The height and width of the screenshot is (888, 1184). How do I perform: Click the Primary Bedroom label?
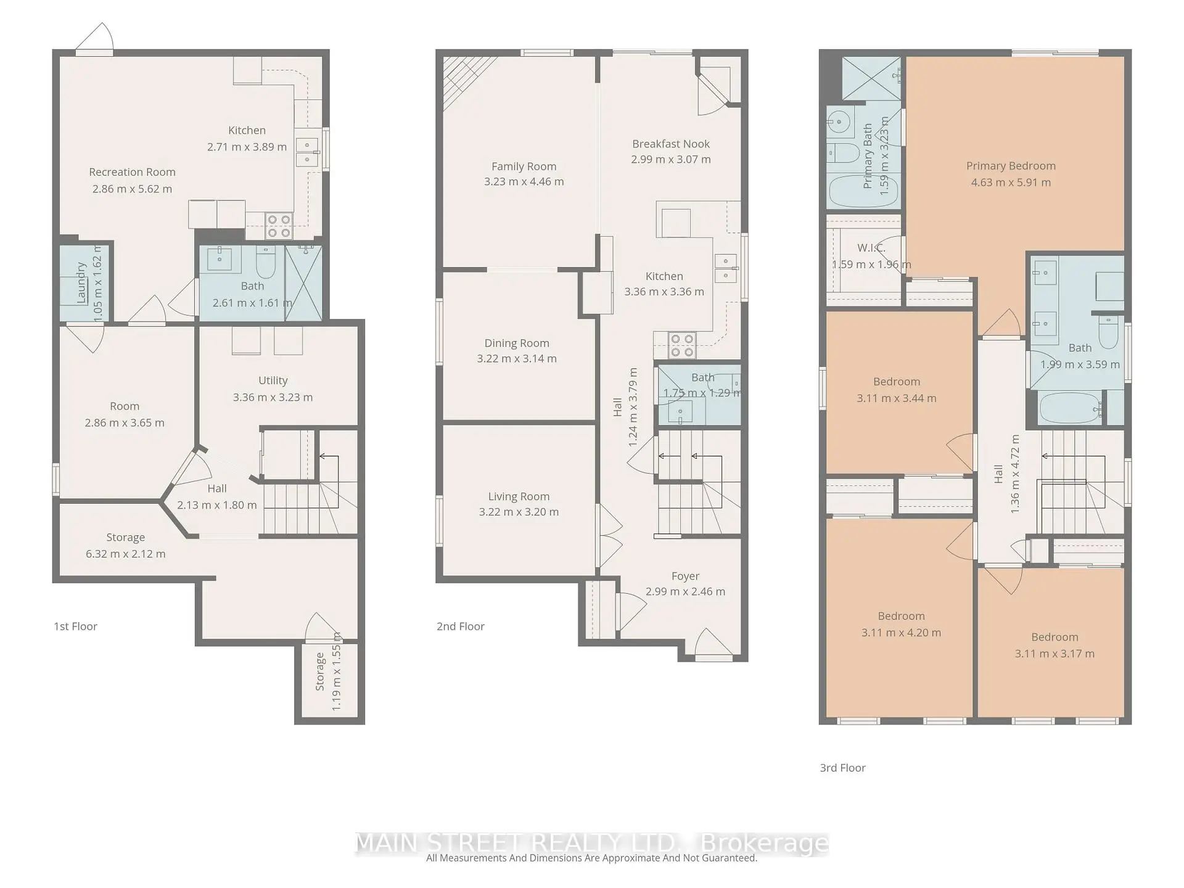point(1011,166)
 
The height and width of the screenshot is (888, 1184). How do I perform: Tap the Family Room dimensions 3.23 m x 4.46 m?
point(524,182)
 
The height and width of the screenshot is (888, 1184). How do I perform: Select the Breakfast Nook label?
point(671,144)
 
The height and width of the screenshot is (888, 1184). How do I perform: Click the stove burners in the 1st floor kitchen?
point(278,226)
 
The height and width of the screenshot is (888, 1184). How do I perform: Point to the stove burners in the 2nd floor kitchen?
point(681,345)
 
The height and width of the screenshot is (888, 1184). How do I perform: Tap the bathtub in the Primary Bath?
point(853,192)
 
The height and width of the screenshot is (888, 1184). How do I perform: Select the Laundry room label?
point(80,282)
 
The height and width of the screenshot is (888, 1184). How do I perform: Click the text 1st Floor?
point(75,627)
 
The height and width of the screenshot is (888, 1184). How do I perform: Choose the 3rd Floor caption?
point(842,768)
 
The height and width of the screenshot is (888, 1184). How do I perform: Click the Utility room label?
point(273,380)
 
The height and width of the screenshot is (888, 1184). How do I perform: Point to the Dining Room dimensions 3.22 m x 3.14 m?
point(517,359)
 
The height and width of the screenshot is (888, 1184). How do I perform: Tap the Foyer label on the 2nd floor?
point(685,576)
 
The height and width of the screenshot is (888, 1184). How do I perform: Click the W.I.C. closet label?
point(871,248)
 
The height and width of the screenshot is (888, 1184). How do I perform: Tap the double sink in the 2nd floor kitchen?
point(725,268)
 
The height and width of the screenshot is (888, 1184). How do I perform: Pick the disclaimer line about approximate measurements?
point(591,858)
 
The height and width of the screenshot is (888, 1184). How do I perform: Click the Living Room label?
point(519,496)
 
